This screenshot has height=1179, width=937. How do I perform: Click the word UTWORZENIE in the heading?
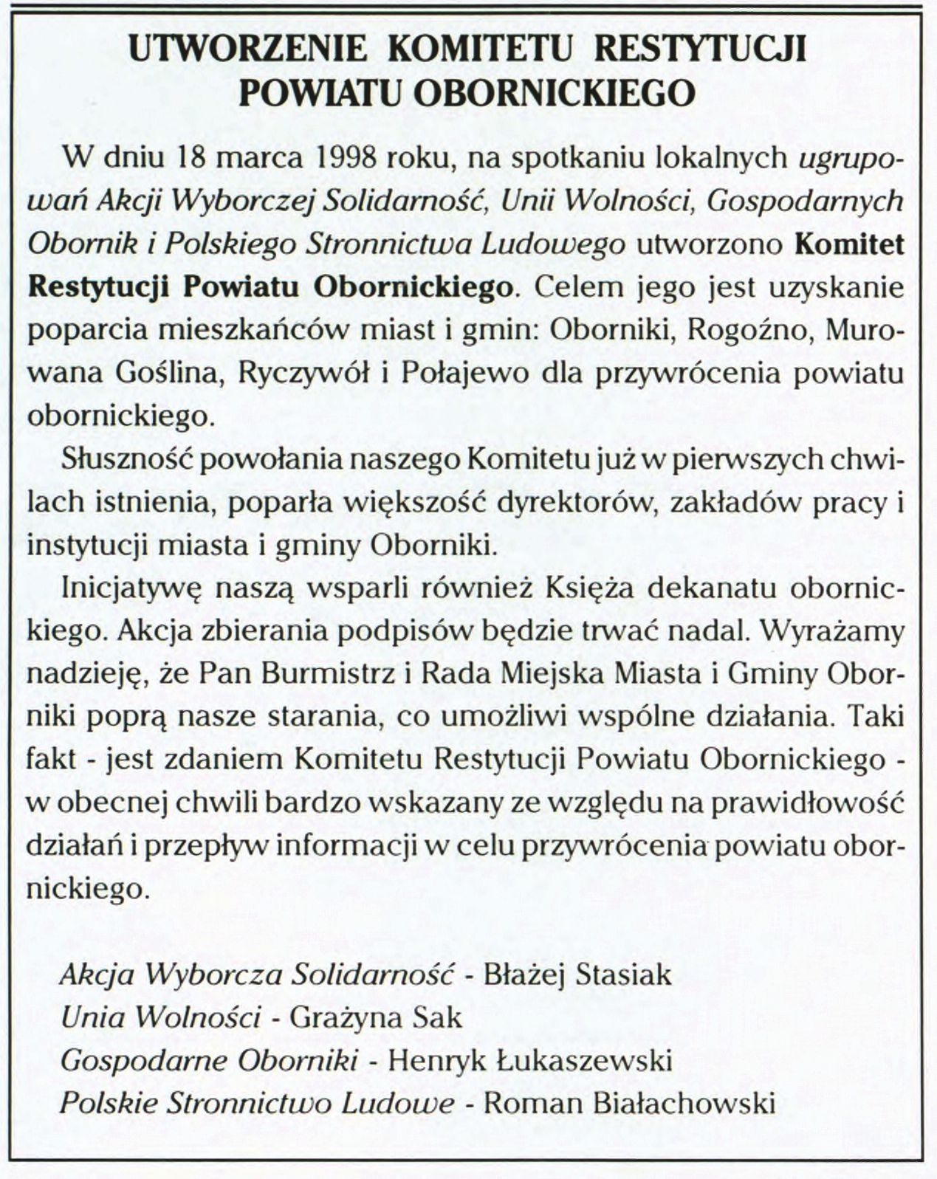[x=247, y=49]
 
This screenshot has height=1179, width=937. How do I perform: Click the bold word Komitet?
[x=849, y=244]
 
